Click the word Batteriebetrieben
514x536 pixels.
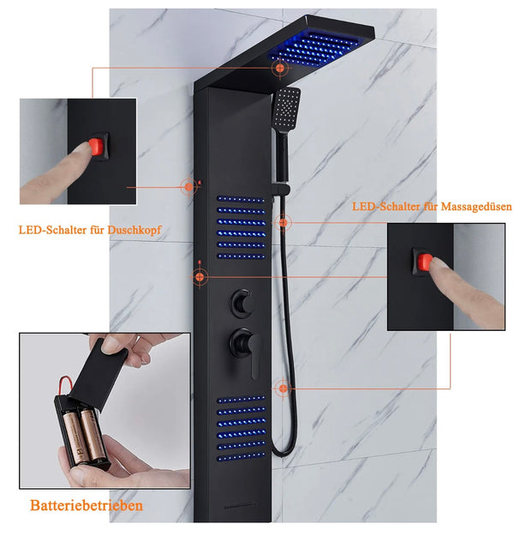coord(87,505)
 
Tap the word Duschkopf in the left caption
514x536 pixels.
coord(134,230)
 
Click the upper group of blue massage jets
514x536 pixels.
coord(240,227)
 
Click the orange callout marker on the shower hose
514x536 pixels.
coord(282,388)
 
